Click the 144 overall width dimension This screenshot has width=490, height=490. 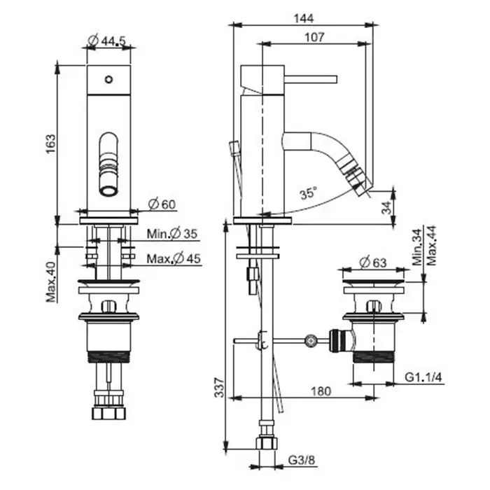coord(303,18)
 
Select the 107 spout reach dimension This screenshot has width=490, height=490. coord(314,37)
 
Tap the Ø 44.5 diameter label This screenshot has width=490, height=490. coord(107,40)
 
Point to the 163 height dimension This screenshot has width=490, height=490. coord(50,143)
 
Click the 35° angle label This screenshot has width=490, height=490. coord(308,193)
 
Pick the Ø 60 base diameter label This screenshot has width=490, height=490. coord(162,204)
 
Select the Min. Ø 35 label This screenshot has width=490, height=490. coord(172,233)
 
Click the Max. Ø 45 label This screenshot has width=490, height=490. coord(174,258)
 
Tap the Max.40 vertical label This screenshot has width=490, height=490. coord(51,282)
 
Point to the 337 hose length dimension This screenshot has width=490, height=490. coord(220,388)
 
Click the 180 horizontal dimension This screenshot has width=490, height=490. coord(321,391)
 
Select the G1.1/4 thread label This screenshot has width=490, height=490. coord(423,377)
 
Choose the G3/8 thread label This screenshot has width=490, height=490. coord(302,460)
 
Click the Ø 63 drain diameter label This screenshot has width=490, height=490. coord(373,262)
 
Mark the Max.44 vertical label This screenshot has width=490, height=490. coord(432,246)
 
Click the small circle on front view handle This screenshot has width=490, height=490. coord(108,79)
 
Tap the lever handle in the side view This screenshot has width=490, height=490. coord(310,79)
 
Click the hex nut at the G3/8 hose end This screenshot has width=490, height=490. coord(267,443)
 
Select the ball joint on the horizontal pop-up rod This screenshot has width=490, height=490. coord(311,341)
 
